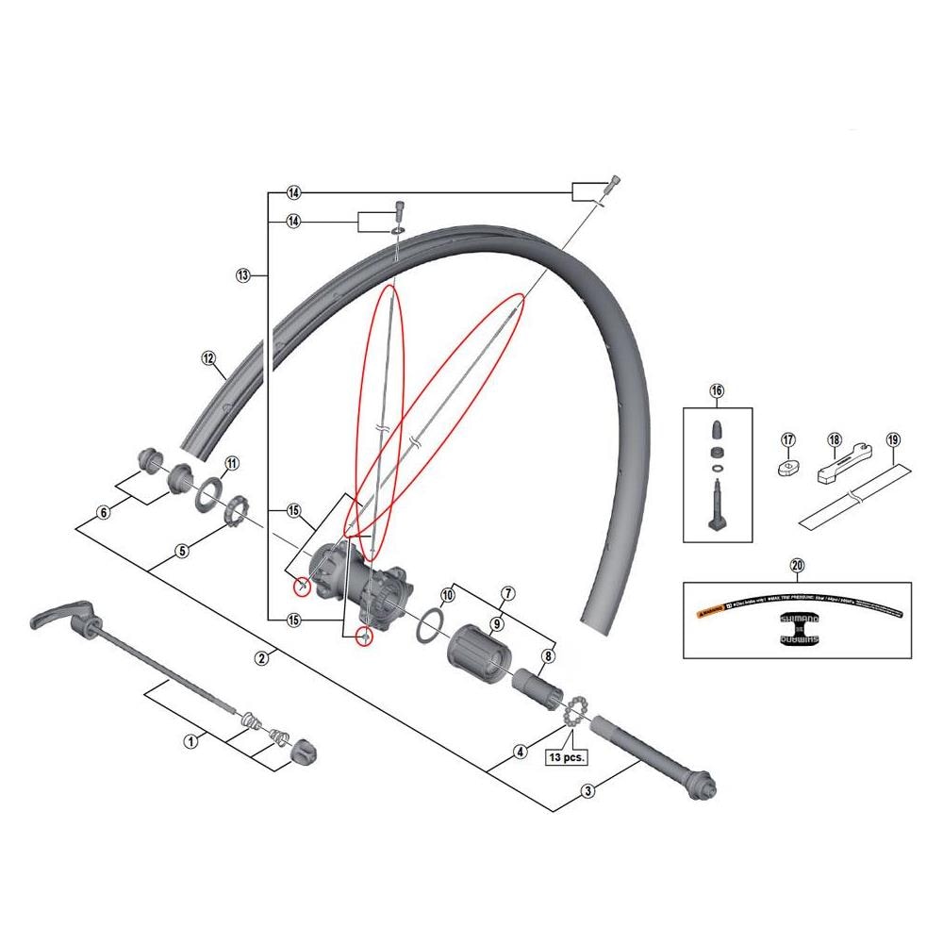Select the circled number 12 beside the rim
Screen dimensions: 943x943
[x=208, y=357]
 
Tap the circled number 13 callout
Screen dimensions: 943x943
[x=242, y=275]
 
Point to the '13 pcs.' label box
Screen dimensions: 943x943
[x=567, y=755]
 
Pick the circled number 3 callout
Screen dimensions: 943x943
[x=587, y=791]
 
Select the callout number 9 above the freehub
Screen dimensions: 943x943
[x=497, y=623]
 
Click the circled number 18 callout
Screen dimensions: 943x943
[x=834, y=439]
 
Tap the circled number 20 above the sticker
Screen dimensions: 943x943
[x=797, y=566]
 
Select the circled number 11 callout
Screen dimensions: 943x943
[x=231, y=463]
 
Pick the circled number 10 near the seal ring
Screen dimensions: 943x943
[x=448, y=594]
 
